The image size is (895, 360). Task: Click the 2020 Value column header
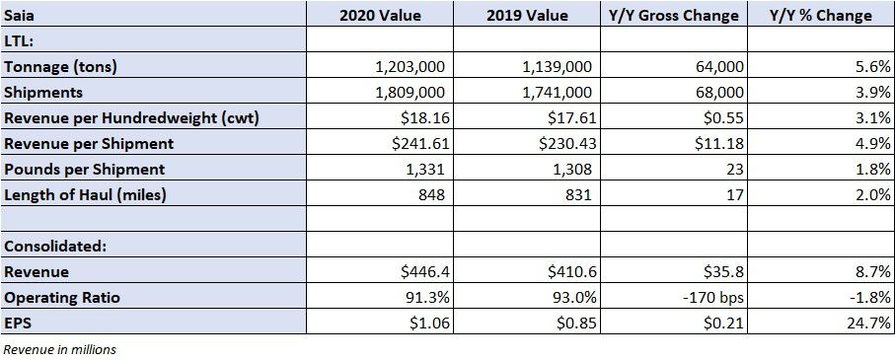pos(380,16)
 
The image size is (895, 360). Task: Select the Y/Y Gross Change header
pos(674,16)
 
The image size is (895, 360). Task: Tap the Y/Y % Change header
pos(821,16)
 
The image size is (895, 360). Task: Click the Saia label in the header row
pos(19,16)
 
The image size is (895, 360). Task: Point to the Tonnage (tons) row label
pos(60,67)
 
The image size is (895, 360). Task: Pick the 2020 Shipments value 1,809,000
pos(410,92)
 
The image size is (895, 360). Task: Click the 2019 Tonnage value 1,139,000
pos(557,67)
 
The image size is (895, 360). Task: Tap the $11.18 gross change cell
pos(719,143)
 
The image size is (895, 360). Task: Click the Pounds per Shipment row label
pos(85,169)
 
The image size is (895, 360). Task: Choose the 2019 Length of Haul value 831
pos(579,194)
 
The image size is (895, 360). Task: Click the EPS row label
pos(17,324)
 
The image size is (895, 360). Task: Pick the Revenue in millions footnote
pos(59,349)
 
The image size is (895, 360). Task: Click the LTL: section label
pos(20,41)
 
